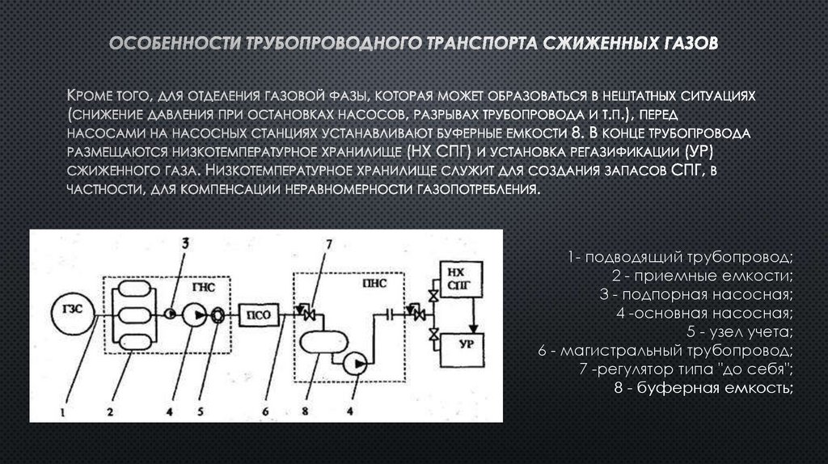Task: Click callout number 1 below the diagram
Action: [x=60, y=411]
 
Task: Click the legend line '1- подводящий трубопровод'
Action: [x=681, y=257]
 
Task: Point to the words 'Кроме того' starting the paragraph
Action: [x=108, y=95]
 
